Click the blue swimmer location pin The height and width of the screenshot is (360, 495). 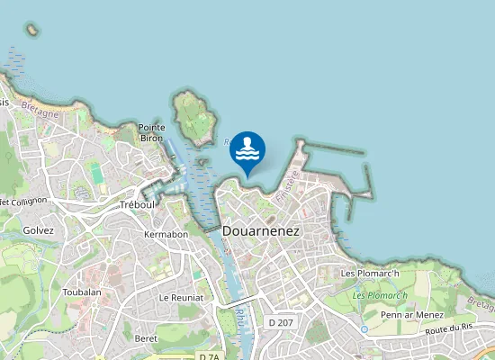[247, 149]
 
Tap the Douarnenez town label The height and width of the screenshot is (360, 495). [260, 231]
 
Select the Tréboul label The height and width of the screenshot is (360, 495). [138, 204]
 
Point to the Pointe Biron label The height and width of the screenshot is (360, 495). [151, 133]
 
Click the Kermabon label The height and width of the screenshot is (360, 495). [166, 234]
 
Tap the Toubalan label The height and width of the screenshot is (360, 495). [82, 292]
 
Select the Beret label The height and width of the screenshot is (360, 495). [146, 338]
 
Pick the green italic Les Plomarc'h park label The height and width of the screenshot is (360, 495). [380, 295]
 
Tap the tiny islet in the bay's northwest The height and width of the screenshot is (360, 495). [33, 30]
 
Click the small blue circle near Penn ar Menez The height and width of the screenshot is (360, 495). [364, 329]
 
